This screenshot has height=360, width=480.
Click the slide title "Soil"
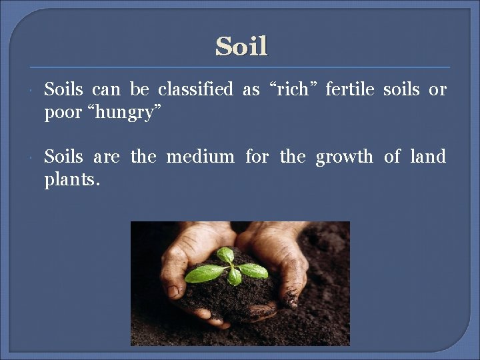point(241,47)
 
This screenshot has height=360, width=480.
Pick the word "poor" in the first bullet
point(61,113)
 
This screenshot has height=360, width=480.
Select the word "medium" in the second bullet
point(200,157)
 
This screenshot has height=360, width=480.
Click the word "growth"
point(344,157)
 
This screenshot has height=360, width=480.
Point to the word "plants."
point(72,181)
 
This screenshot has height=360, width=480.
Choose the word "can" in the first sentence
point(106,89)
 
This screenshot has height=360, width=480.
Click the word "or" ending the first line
point(437,89)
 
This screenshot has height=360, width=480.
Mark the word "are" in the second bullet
point(107,157)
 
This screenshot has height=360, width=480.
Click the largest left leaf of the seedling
point(205,274)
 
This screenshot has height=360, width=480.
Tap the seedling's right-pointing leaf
point(254,270)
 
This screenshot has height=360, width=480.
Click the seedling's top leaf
point(225,255)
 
